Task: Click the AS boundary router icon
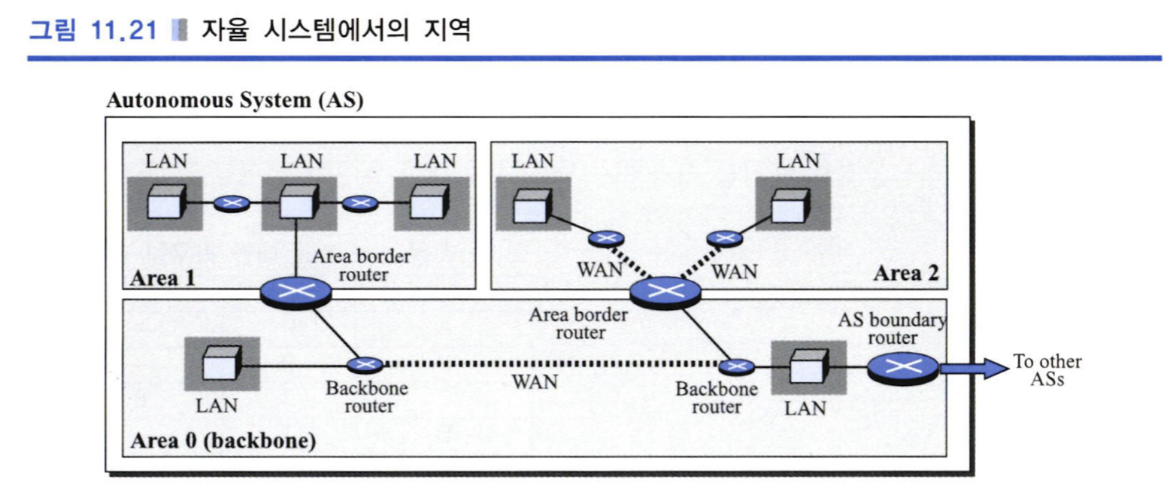click(x=903, y=369)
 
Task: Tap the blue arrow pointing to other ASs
click(x=974, y=369)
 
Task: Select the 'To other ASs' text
click(x=1047, y=369)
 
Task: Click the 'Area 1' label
click(x=162, y=278)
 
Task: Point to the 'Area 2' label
click(x=906, y=272)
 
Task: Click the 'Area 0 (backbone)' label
click(x=223, y=440)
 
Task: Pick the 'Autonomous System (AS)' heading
click(x=235, y=100)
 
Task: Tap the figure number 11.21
click(x=123, y=30)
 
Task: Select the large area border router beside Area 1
click(x=296, y=293)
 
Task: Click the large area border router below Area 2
click(x=665, y=293)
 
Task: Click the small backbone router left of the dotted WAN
click(x=365, y=364)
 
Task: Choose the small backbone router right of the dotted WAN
click(x=736, y=366)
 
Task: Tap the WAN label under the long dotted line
click(x=535, y=381)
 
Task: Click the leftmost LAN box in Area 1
click(x=165, y=203)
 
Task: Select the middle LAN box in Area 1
click(x=299, y=203)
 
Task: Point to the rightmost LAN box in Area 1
click(x=432, y=203)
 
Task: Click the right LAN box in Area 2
click(x=793, y=203)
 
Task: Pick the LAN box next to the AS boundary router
click(x=808, y=368)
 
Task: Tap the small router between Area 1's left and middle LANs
click(x=232, y=203)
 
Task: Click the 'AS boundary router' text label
click(x=892, y=329)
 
